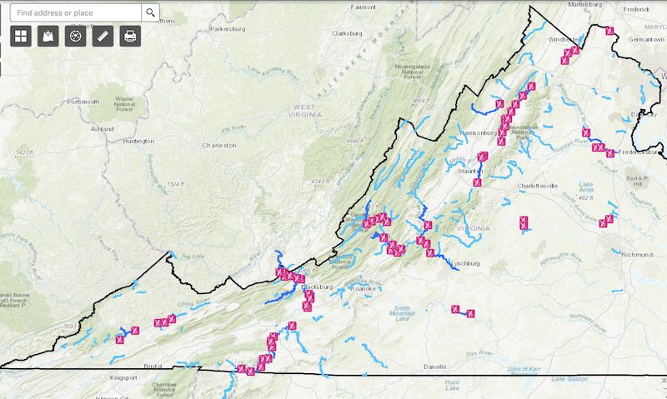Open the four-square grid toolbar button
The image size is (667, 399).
pos(21,36)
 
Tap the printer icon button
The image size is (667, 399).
pos(130,36)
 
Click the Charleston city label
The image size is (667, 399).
pos(219,145)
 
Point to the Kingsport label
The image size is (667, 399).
pos(123,377)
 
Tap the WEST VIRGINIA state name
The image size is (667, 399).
pos(314,112)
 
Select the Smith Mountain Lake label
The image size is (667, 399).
pos(401,313)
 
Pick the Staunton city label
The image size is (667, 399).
pos(473,171)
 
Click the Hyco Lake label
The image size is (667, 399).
pos(453,384)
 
